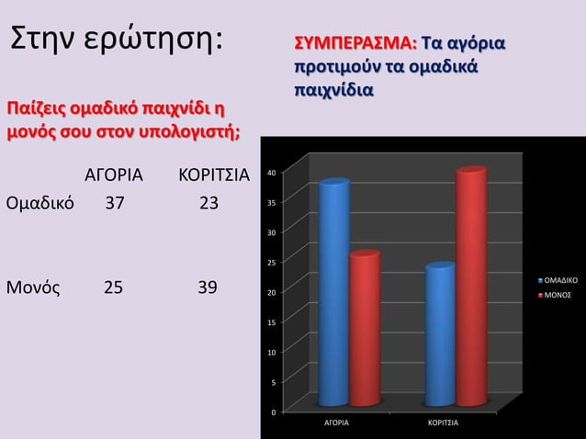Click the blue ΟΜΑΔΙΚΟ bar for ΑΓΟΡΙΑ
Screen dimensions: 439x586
[333, 294]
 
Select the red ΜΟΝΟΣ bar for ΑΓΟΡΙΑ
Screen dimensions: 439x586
[364, 329]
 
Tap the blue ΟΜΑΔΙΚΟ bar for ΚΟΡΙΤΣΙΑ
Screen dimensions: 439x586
[440, 335]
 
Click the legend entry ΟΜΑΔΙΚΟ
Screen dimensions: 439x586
[559, 277]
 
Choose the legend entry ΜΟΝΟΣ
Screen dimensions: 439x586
[558, 295]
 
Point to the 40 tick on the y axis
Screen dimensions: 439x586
[270, 172]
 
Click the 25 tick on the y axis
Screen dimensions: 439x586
[270, 264]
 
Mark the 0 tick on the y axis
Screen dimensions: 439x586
[272, 413]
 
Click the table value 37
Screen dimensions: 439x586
[115, 202]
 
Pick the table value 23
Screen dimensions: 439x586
[209, 202]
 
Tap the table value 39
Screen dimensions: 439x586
[208, 287]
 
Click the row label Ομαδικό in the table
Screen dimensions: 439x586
[40, 202]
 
